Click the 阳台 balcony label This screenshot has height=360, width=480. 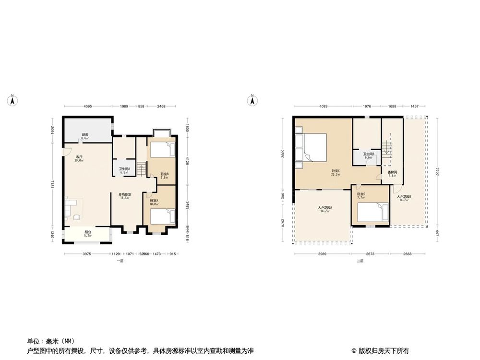[87, 233]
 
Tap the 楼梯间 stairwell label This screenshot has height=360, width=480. [392, 173]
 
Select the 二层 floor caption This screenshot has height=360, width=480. [360, 261]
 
